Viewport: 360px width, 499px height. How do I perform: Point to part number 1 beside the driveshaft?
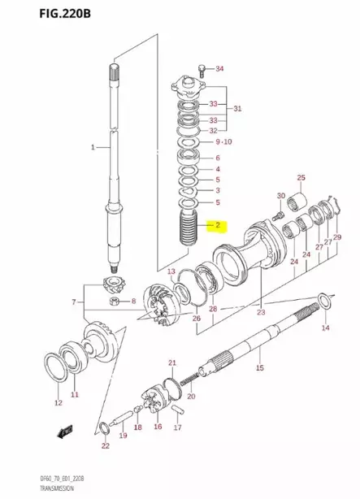[x=93, y=147]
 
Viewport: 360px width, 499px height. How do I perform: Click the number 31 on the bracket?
[x=237, y=108]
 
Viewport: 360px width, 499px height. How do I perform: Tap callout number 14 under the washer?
[x=325, y=328]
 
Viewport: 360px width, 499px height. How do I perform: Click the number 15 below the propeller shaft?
[x=259, y=368]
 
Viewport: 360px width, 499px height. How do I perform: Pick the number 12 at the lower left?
[x=58, y=402]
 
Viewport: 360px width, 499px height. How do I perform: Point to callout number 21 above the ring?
[x=171, y=362]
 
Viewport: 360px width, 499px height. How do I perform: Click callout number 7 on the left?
[x=75, y=302]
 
